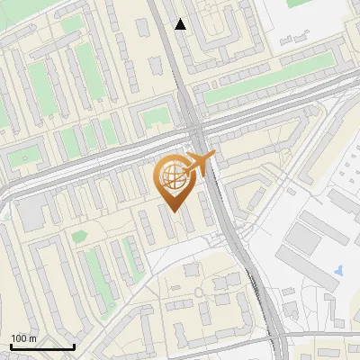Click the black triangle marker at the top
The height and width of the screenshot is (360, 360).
point(181,24)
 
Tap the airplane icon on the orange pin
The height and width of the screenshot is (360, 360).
point(197,165)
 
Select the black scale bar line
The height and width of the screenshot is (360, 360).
point(42,346)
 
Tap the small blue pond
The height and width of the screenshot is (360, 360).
point(337,269)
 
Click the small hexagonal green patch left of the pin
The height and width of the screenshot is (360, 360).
point(80,236)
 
